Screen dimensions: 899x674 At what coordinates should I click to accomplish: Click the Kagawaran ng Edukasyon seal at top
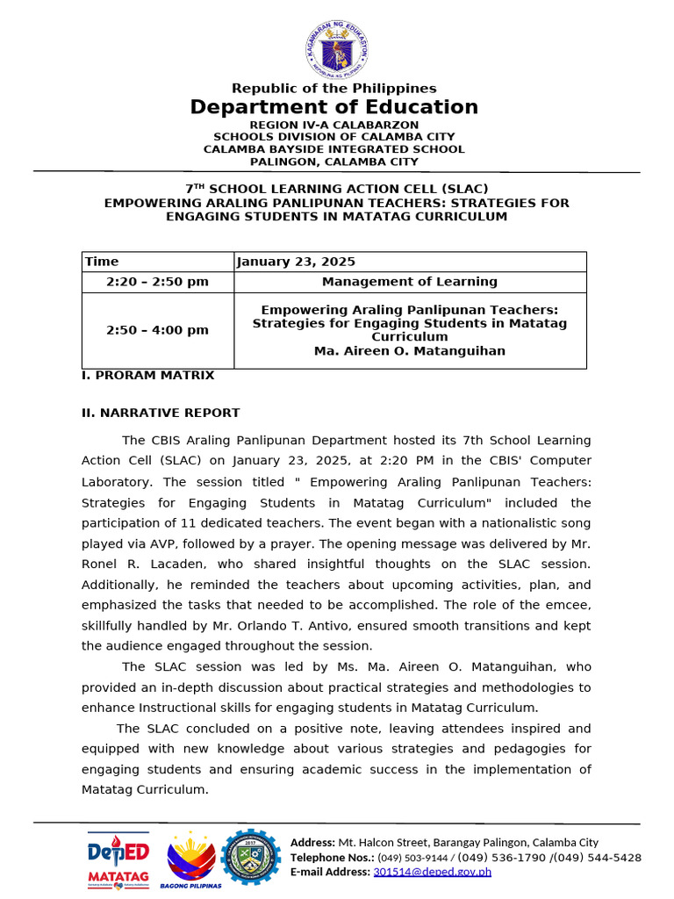pyautogui.click(x=336, y=49)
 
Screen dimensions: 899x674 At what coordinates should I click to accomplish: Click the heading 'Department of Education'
pyautogui.click(x=334, y=107)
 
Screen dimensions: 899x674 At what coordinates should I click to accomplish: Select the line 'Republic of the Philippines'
pyautogui.click(x=333, y=88)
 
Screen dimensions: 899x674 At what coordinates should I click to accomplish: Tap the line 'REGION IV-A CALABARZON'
pyautogui.click(x=334, y=125)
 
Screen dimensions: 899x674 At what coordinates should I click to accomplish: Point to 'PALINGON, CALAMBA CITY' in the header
pyautogui.click(x=334, y=162)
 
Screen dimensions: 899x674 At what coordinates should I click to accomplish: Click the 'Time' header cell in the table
pyautogui.click(x=102, y=262)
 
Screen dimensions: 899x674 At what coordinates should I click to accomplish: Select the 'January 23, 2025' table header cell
pyautogui.click(x=296, y=262)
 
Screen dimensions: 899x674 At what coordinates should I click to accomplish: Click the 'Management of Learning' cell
pyautogui.click(x=409, y=282)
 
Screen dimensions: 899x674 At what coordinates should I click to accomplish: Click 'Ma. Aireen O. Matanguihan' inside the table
pyautogui.click(x=409, y=351)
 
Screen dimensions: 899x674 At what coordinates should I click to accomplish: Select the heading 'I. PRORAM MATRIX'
pyautogui.click(x=147, y=375)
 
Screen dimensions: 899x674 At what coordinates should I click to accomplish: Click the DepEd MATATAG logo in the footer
pyautogui.click(x=118, y=859)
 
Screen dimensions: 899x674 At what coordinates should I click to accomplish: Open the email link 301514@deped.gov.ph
pyautogui.click(x=432, y=872)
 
